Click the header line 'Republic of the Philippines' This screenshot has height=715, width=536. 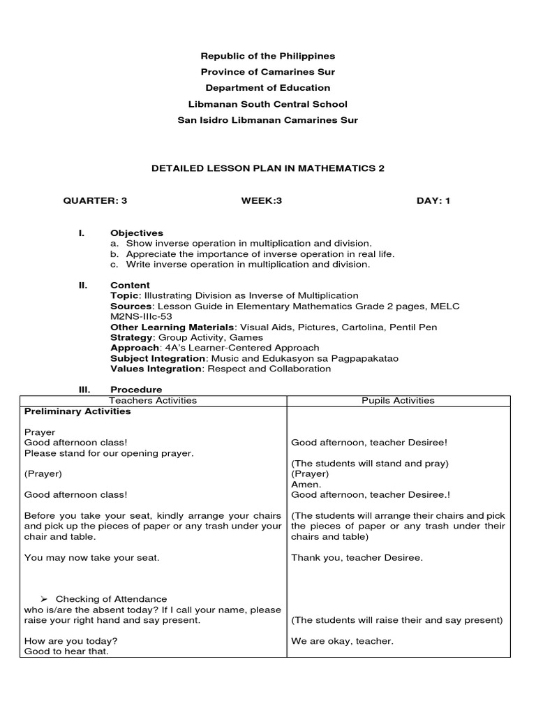click(268, 56)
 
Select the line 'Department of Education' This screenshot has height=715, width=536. click(268, 88)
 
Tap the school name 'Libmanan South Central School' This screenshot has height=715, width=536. click(268, 104)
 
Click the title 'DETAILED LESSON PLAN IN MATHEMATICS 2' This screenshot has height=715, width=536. click(268, 168)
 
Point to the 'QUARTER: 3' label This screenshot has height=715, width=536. click(96, 201)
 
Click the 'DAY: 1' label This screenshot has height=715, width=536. click(433, 201)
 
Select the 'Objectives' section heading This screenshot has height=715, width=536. click(137, 233)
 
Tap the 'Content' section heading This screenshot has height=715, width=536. click(130, 286)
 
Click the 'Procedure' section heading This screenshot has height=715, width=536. click(136, 390)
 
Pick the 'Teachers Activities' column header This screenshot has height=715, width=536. click(154, 401)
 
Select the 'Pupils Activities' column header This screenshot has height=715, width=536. click(398, 401)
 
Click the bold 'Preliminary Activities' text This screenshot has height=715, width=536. click(77, 411)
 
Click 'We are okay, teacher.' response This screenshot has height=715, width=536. click(342, 641)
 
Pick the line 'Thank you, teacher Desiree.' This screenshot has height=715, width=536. click(357, 557)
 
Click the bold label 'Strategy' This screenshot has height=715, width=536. click(131, 337)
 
